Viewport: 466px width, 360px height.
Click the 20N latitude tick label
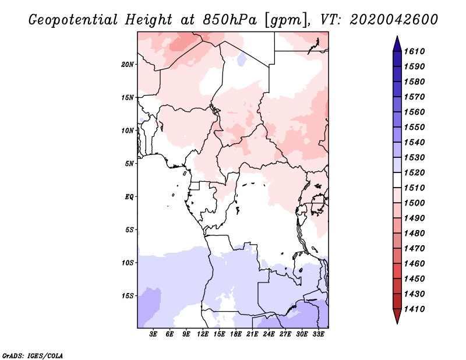coord(128,65)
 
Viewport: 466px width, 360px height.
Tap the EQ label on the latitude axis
coord(129,197)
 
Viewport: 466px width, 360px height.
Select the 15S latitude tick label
coord(128,296)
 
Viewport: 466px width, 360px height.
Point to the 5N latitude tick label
coord(129,164)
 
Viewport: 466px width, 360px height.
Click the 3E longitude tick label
coord(153,334)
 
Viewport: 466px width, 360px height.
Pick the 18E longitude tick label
coord(236,334)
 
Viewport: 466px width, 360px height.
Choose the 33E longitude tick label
coord(318,334)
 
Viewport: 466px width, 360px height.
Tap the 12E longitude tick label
coord(203,334)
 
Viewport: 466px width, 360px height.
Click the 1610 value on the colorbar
coord(414,51)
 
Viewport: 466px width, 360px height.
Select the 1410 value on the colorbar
coord(414,309)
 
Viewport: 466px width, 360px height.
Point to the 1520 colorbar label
coord(414,172)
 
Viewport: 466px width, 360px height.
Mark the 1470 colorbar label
coord(414,248)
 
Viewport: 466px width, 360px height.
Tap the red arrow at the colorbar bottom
coord(397,316)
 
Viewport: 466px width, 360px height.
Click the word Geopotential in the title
coord(73,20)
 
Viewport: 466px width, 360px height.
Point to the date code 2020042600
coord(394,20)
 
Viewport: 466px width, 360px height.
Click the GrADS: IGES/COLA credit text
coord(33,355)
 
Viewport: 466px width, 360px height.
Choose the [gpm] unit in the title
coord(286,20)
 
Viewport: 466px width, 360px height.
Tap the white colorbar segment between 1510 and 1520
coord(397,180)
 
